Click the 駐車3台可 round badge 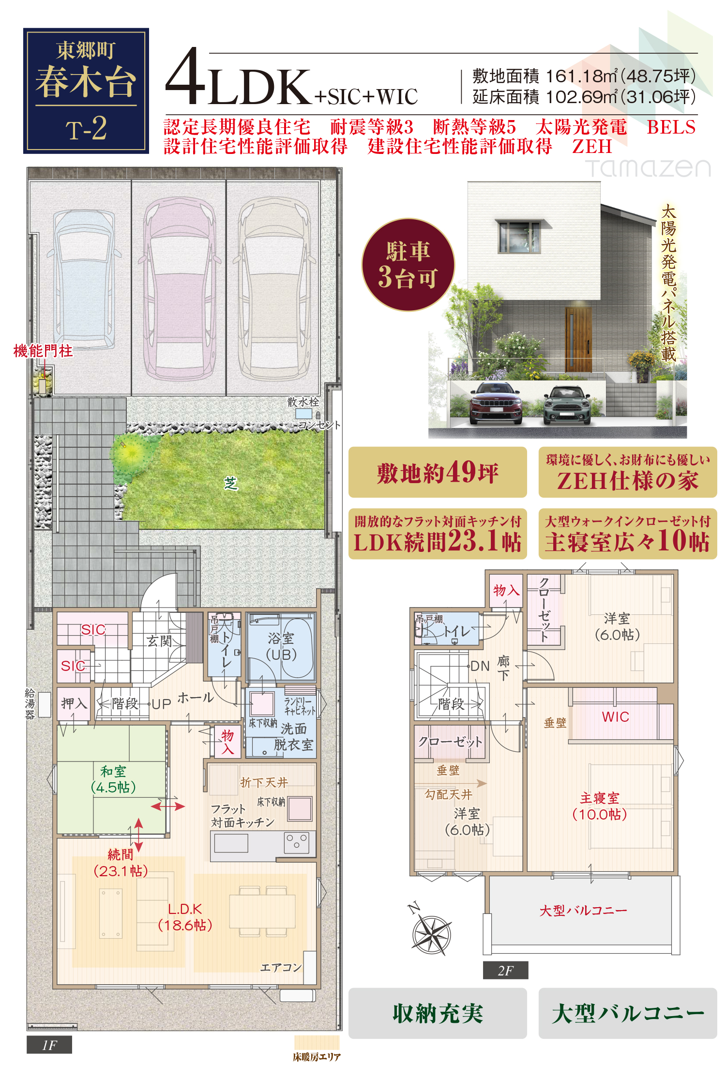coord(408,264)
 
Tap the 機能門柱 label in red coord(43,351)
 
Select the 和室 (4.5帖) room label coord(113,779)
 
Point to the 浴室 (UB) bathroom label coord(281,647)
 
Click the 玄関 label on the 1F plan coord(159,641)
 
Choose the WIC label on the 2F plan coord(616,717)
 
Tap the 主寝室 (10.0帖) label coord(600,806)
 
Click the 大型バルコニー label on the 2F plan coord(583,911)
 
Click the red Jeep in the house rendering coord(496,403)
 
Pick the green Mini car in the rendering coord(567,405)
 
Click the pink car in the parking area coord(179,288)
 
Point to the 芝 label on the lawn coord(231,483)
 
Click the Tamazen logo coord(648,168)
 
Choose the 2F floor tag coord(505,970)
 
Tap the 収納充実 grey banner coord(438,1013)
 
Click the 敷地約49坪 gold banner coord(438,472)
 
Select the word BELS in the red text coord(671,127)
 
